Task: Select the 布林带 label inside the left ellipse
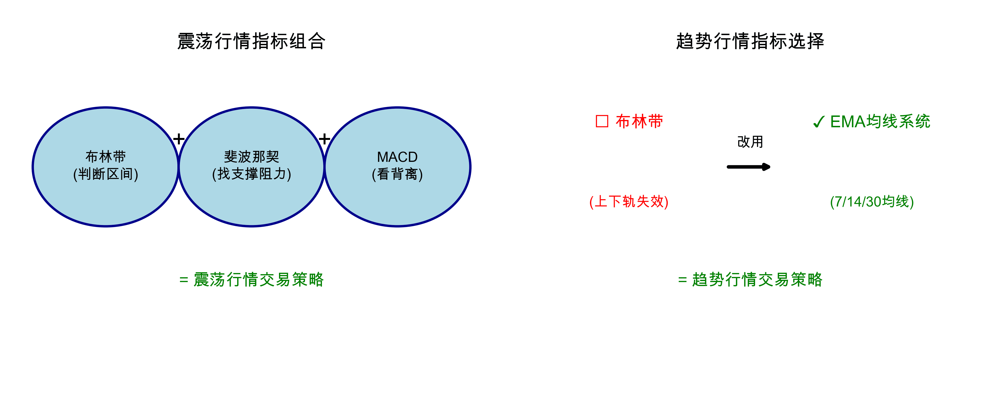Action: (x=106, y=156)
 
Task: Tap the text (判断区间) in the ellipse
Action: (x=106, y=174)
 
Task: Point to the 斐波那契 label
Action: (x=252, y=156)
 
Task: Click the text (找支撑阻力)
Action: (x=252, y=174)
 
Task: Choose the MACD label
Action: (x=397, y=157)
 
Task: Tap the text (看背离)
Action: (x=397, y=174)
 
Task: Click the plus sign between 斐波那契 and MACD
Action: (x=324, y=139)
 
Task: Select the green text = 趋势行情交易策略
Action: (x=750, y=280)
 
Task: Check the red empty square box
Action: (x=602, y=121)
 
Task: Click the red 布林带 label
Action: (x=639, y=121)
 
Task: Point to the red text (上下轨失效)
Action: (x=629, y=202)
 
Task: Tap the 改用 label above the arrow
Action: (x=750, y=142)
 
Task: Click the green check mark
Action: (x=818, y=122)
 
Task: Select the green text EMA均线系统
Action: (x=880, y=121)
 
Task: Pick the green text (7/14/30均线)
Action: (x=872, y=202)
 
